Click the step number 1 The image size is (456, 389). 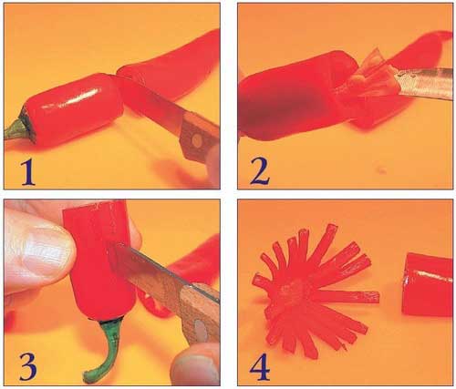click(x=28, y=172)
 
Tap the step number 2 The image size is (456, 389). click(x=260, y=171)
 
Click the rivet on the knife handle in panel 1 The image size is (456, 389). click(x=198, y=140)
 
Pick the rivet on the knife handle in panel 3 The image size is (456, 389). click(x=201, y=330)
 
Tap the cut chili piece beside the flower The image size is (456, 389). click(x=427, y=284)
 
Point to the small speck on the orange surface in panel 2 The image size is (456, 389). click(x=381, y=170)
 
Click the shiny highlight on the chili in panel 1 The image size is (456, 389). click(x=71, y=98)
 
